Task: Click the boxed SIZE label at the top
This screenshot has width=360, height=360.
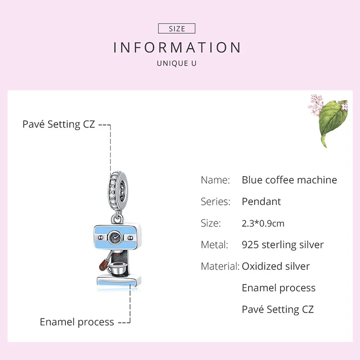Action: (177, 29)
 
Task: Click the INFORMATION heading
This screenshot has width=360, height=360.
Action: (177, 48)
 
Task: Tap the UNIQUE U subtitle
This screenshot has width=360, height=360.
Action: (177, 63)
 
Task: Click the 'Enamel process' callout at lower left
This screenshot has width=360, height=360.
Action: (77, 322)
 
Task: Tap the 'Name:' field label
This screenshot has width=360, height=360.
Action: (215, 180)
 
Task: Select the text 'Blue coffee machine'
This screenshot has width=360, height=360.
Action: (289, 180)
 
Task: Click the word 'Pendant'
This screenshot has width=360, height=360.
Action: (261, 202)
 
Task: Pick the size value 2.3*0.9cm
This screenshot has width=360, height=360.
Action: (263, 223)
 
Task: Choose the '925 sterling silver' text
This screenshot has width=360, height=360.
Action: (283, 245)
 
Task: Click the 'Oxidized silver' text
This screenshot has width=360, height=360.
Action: (276, 266)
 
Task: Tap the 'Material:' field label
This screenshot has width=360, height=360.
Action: (220, 266)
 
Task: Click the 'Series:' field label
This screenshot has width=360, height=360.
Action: (216, 202)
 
